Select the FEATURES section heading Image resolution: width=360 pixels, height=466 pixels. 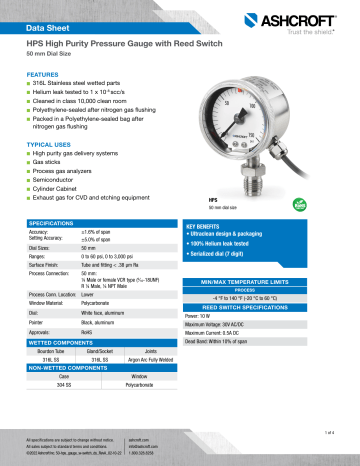pos(45,75)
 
